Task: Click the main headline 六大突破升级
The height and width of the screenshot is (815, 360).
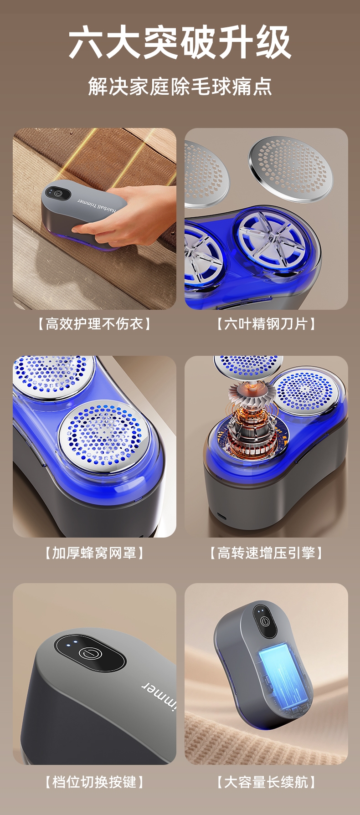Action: pos(180,42)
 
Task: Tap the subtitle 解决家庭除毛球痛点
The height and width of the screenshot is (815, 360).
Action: pos(180,86)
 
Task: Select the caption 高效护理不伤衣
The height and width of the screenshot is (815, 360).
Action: pos(94,324)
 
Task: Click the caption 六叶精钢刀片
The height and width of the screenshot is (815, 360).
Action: pos(266,324)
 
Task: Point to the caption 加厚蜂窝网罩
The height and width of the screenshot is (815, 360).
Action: pos(94,553)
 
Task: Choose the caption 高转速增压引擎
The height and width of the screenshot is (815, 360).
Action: pos(266,553)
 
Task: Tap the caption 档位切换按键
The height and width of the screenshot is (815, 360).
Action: pos(94,782)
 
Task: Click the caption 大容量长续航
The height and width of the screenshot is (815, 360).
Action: pos(266,782)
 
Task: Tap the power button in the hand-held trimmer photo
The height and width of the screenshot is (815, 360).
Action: pos(58,193)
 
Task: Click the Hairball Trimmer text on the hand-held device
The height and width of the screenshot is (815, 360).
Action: pos(97,205)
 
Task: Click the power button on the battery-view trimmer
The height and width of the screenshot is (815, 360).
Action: pos(265,620)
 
